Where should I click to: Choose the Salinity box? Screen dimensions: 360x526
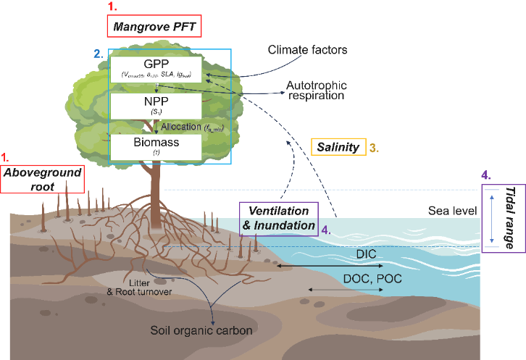(x=338, y=147)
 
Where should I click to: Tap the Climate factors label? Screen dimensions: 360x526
(x=308, y=50)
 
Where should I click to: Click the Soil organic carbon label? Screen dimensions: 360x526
(x=201, y=331)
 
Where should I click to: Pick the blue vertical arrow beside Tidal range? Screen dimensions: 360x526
(x=491, y=217)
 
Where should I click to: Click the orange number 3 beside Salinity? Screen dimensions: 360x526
(x=374, y=147)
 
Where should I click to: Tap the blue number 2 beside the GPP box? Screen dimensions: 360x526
(x=97, y=54)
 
